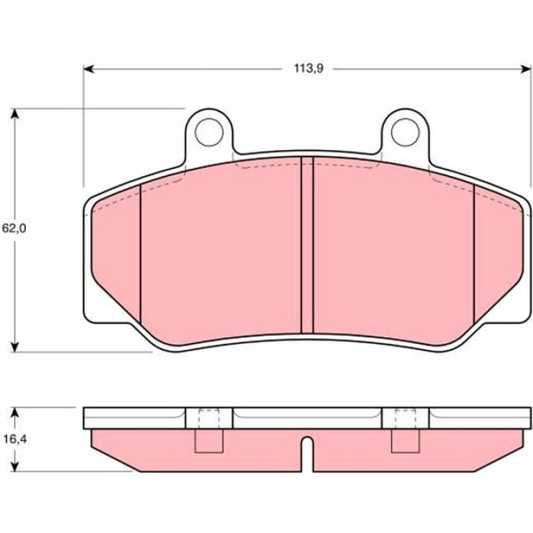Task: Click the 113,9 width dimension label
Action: pyautogui.click(x=308, y=69)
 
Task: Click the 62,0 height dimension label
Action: pyautogui.click(x=14, y=228)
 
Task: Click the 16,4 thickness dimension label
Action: pyautogui.click(x=15, y=440)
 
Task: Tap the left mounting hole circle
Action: pyautogui.click(x=209, y=133)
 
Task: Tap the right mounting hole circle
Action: pyautogui.click(x=405, y=133)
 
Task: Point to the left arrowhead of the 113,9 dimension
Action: pyautogui.click(x=88, y=69)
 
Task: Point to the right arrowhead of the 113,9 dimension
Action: pyautogui.click(x=526, y=69)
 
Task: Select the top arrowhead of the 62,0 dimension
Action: pyautogui.click(x=15, y=114)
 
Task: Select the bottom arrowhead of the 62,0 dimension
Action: pyautogui.click(x=15, y=347)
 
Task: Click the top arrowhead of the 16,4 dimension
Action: pyautogui.click(x=15, y=412)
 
